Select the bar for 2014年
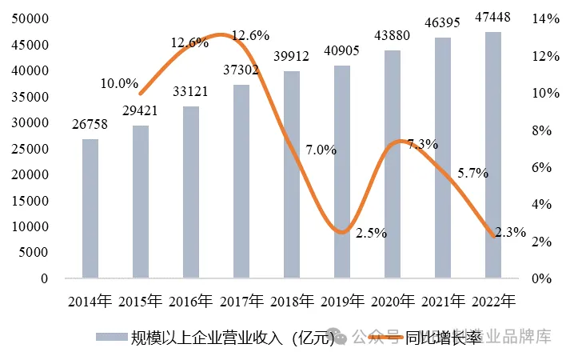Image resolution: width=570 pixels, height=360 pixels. click(90, 209)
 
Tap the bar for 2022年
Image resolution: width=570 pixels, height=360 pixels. click(493, 155)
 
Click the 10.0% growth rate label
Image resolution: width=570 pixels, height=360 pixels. click(120, 83)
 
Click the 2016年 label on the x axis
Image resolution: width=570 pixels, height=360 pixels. click(191, 302)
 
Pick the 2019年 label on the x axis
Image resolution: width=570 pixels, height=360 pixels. click(342, 302)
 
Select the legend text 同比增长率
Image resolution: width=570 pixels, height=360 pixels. click(452, 337)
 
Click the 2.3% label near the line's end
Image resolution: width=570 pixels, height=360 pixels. click(510, 233)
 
